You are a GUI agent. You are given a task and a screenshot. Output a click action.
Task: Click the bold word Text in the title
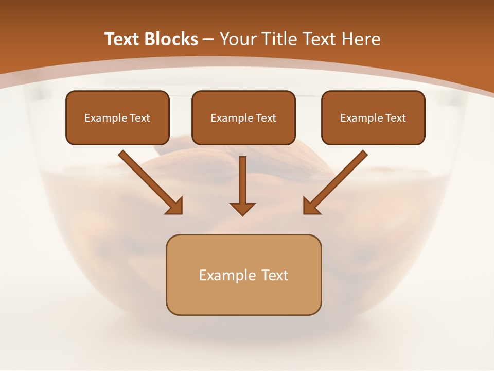click(x=123, y=39)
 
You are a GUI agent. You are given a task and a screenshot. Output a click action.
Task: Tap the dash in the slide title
click(x=208, y=39)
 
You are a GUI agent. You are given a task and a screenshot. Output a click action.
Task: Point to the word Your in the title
click(x=238, y=39)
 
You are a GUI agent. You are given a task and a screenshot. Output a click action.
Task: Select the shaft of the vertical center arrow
click(x=242, y=178)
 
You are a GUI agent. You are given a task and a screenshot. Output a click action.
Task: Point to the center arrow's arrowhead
click(x=242, y=209)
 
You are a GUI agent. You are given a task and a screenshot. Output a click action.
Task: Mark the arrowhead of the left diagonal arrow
click(x=175, y=206)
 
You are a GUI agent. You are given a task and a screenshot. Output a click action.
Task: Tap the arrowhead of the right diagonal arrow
click(x=311, y=206)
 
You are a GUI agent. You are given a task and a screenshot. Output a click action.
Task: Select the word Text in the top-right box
click(x=396, y=118)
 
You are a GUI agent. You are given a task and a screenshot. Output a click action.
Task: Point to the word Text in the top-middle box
click(x=266, y=118)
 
